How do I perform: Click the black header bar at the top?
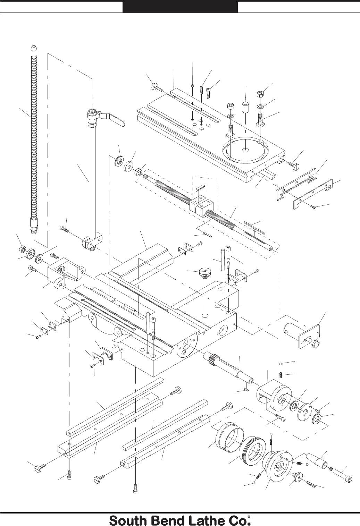click(x=180, y=7)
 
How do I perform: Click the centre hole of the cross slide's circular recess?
click(x=246, y=150)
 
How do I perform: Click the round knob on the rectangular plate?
click(x=315, y=343)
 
